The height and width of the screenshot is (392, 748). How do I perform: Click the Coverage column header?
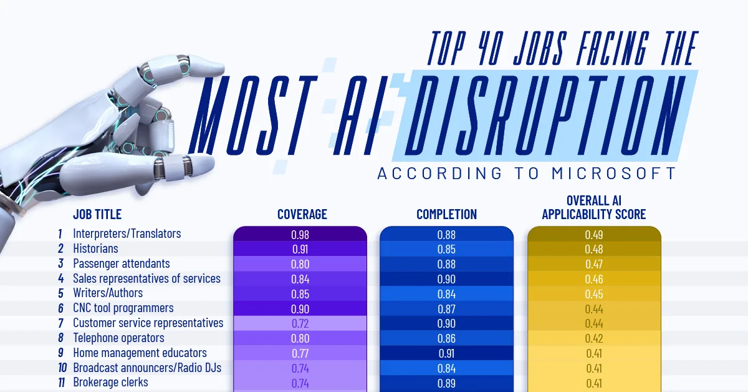[x=302, y=215]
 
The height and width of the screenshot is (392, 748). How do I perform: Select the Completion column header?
[x=446, y=215]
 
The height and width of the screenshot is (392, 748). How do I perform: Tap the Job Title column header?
[x=97, y=215]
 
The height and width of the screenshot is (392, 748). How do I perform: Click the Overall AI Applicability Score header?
[x=593, y=208]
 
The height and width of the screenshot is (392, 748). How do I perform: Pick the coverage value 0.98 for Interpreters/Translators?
[x=300, y=235]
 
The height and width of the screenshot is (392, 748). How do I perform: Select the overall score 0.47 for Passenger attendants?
[x=593, y=264]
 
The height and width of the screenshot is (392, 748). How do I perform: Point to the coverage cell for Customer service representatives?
[x=300, y=323]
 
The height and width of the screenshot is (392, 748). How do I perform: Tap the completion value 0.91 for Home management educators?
[x=446, y=353]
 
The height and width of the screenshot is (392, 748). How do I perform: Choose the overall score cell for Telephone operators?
[x=593, y=338]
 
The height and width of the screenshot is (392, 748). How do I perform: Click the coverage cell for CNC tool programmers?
[x=300, y=308]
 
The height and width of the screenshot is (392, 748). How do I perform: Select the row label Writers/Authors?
[x=108, y=293]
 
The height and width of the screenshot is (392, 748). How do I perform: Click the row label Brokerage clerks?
[x=110, y=382]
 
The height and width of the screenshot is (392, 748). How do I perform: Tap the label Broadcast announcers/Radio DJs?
[x=147, y=368]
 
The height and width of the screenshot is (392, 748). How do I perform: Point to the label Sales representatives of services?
[x=146, y=278]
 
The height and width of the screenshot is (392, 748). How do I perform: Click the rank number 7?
[x=60, y=323]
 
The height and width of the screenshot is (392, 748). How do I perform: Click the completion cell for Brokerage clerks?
[x=446, y=383]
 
